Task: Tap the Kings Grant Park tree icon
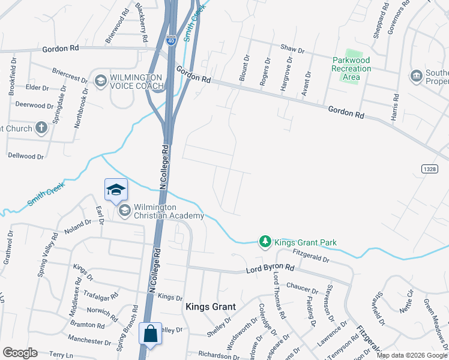264,241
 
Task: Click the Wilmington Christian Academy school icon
125,210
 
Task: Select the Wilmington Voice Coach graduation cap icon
100,80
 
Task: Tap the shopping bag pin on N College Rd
150,334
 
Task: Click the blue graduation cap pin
116,190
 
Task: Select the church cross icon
41,127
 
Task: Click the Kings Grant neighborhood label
210,307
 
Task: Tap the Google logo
20,352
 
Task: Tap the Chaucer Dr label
301,286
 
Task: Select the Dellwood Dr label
26,156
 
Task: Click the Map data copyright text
411,355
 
